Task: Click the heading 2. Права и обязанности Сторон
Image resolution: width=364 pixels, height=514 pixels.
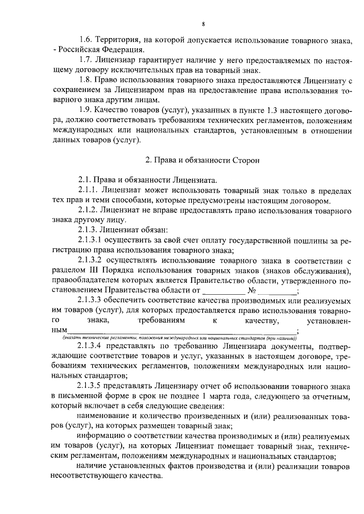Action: point(202,160)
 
